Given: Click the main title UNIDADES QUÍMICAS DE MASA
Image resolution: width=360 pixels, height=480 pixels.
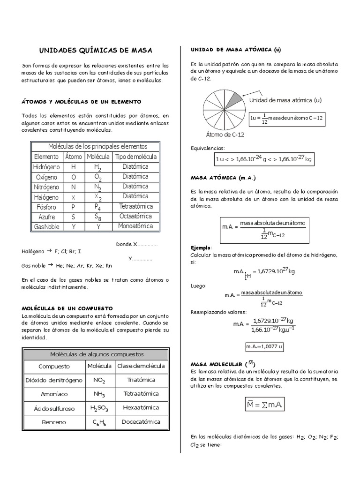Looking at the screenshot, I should (x=95, y=50).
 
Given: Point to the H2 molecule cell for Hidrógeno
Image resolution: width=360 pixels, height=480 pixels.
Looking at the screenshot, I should (x=97, y=167).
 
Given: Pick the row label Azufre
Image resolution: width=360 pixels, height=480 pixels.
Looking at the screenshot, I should (x=46, y=217).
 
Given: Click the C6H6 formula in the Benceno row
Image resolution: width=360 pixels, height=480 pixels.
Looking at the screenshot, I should (x=99, y=422).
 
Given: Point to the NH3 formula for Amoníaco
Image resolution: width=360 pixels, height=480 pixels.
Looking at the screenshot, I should (x=99, y=394).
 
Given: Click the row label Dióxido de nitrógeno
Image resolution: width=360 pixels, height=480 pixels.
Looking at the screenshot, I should (x=54, y=380).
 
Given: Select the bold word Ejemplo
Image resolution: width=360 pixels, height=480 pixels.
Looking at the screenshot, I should (x=201, y=247).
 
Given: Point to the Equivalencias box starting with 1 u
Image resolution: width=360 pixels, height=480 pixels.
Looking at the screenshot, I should (x=263, y=159).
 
